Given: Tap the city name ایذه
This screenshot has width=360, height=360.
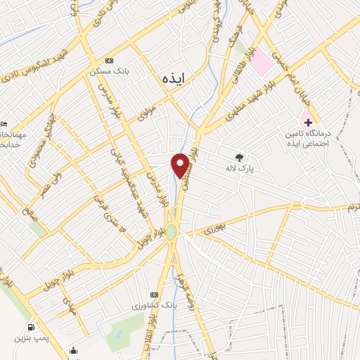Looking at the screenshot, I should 172,77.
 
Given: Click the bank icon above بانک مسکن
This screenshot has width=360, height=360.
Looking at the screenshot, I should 108,60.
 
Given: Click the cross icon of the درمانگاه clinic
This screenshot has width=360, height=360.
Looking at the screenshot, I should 308,122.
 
